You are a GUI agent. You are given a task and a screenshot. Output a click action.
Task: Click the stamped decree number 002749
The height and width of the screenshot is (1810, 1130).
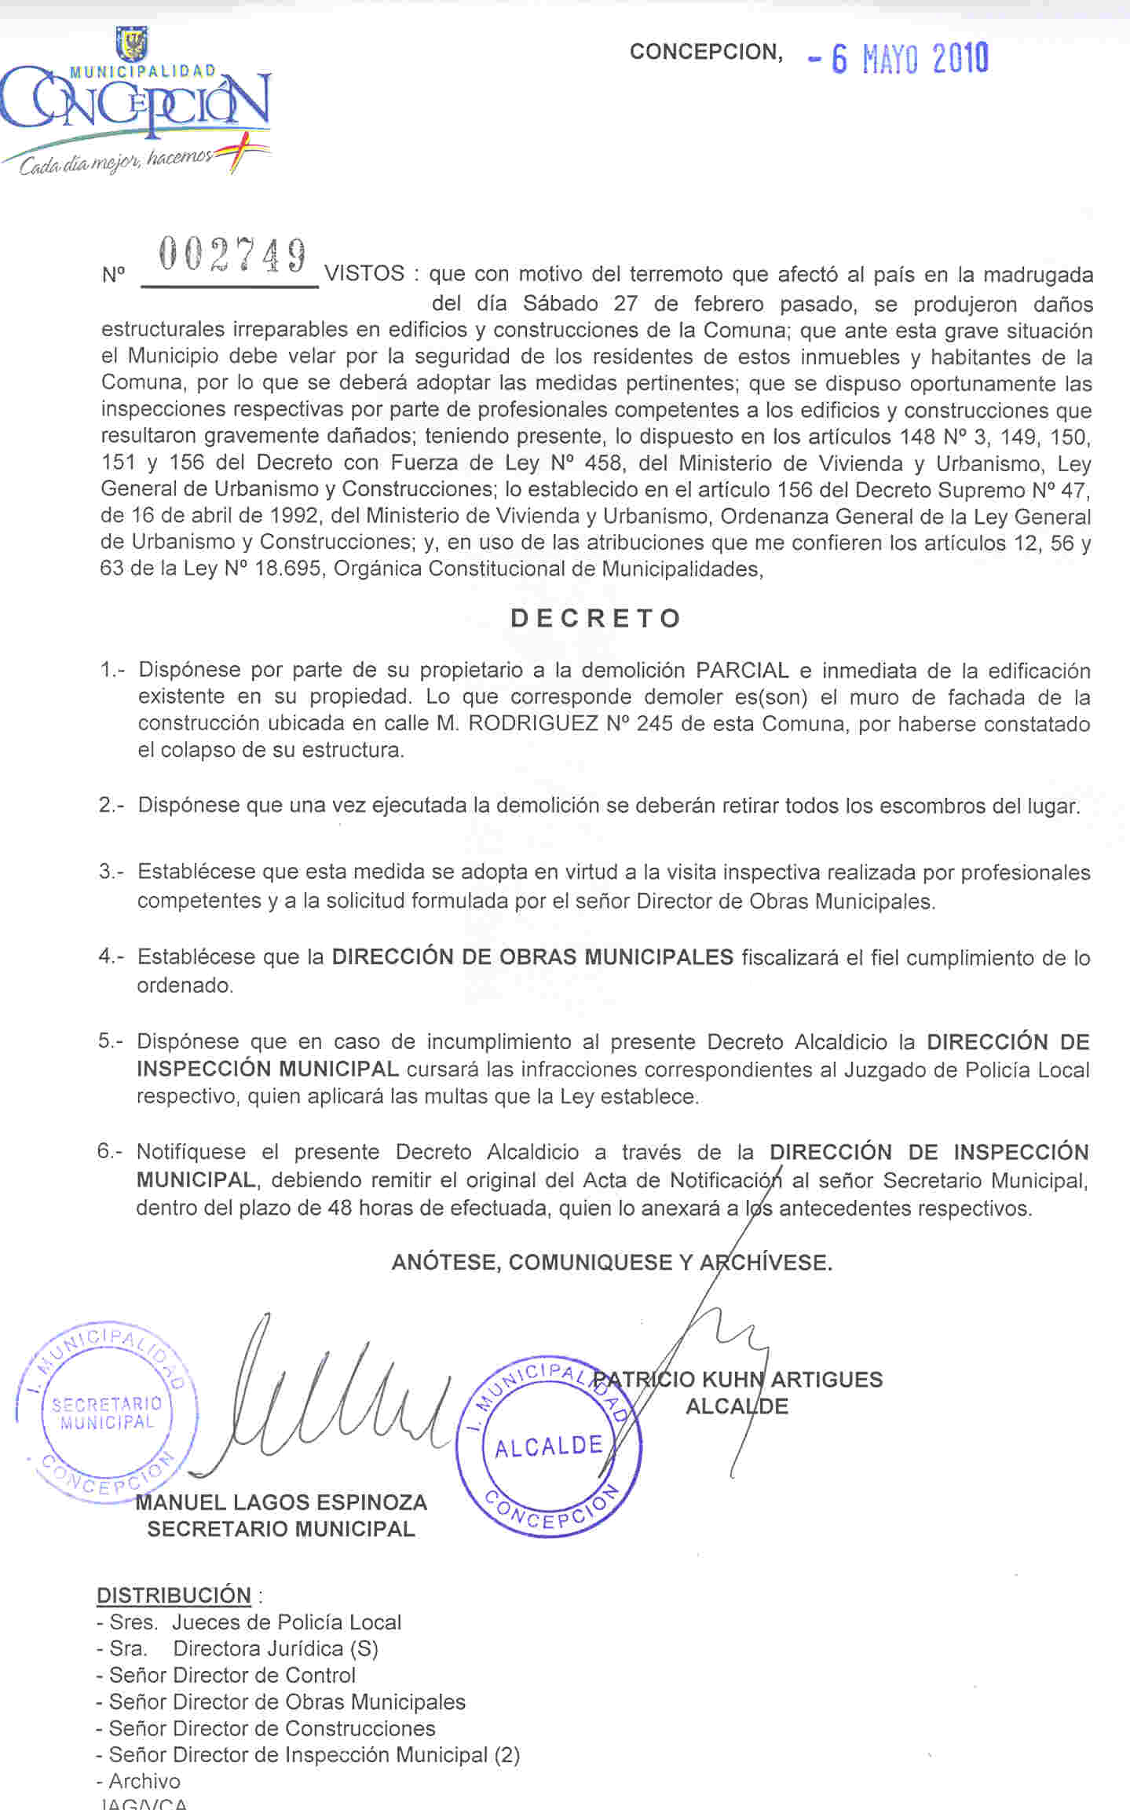(x=232, y=255)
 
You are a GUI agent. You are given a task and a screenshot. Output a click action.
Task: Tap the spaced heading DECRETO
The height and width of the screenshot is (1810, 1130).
(x=595, y=619)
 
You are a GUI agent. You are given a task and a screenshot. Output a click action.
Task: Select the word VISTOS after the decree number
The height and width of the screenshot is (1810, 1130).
(x=364, y=274)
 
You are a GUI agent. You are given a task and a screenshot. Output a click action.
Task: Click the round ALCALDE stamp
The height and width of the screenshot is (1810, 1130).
(x=549, y=1446)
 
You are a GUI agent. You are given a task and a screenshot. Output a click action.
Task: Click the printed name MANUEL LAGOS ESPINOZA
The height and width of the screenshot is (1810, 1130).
(x=281, y=1503)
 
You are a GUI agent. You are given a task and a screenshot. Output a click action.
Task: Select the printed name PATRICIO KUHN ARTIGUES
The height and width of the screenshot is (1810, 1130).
(x=738, y=1379)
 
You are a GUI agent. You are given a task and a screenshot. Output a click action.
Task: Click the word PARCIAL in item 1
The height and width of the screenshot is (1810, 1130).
(x=742, y=671)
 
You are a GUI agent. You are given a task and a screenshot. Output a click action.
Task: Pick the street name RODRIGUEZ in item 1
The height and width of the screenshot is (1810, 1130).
(x=533, y=723)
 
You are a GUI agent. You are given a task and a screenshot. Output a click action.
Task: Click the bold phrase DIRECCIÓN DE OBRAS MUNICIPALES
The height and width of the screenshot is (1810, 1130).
(x=532, y=957)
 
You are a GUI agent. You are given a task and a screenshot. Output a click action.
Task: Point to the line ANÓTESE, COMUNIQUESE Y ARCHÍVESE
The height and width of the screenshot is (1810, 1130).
(x=611, y=1263)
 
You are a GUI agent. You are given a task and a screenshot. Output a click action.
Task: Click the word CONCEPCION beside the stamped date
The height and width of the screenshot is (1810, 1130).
(x=705, y=52)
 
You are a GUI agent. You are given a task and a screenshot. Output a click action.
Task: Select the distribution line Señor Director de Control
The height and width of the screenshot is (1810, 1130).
(x=226, y=1675)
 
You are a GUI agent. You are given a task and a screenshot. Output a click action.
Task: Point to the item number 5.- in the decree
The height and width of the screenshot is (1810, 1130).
(x=111, y=1041)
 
